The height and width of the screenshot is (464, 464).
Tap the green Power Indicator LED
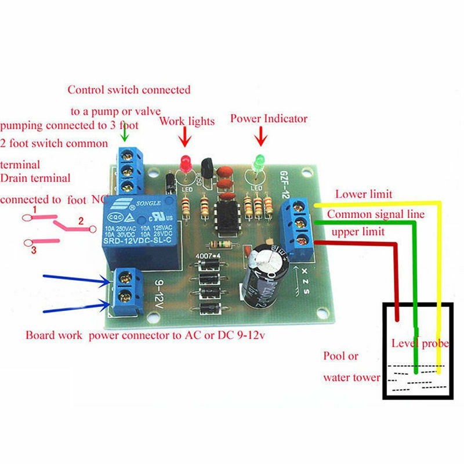[x=258, y=162]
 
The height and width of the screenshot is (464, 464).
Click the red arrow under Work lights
[x=185, y=138]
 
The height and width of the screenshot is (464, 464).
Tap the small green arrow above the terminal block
[x=124, y=135]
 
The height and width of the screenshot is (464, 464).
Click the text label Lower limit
[x=363, y=194]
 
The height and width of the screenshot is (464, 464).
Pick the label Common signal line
[x=376, y=214]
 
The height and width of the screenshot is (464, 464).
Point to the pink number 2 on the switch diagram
[x=82, y=220]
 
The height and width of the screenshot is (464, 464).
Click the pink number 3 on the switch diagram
[x=34, y=250]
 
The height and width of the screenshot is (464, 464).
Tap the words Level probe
[x=420, y=343]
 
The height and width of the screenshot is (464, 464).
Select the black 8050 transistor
[x=206, y=168]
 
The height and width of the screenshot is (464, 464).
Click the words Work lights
[x=187, y=121]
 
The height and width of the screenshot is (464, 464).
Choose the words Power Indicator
[x=269, y=118]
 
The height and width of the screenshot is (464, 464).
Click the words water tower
[x=351, y=378]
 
